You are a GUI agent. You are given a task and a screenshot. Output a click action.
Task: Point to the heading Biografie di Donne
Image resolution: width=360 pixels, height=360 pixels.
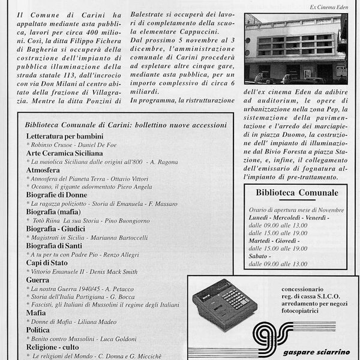(x=57, y=195)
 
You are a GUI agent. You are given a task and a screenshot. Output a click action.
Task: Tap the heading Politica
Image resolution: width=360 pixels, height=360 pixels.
(x=40, y=329)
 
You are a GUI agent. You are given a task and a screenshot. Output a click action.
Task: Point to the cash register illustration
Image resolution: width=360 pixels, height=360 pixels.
(x=223, y=305)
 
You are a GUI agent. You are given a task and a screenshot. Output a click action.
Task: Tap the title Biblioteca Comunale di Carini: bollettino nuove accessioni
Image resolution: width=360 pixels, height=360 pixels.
(x=126, y=125)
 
